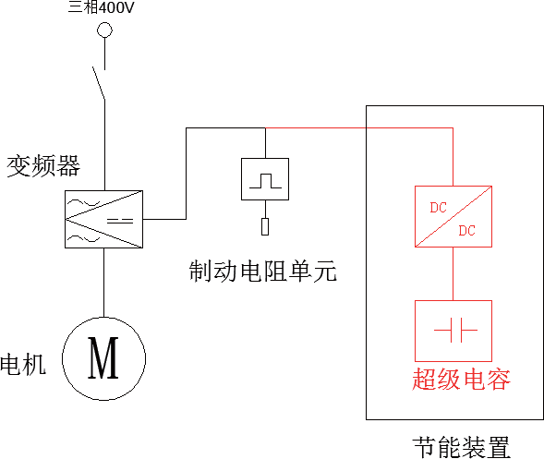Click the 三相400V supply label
[x=101, y=7]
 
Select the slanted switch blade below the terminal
[x=99, y=83]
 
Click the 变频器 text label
[x=43, y=166]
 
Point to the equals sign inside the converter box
[x=120, y=221]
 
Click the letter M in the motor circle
[x=103, y=357]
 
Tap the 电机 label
[x=23, y=364]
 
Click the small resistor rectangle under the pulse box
[x=265, y=226]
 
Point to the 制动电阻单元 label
[x=263, y=271]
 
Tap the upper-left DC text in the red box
[x=438, y=208]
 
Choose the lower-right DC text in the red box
[x=466, y=231]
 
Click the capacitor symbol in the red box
[x=455, y=330]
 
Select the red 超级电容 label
[x=462, y=379]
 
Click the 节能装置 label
[x=462, y=447]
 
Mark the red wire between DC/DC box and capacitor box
[x=453, y=273]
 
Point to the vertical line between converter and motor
[x=103, y=283]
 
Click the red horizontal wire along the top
[x=359, y=128]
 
